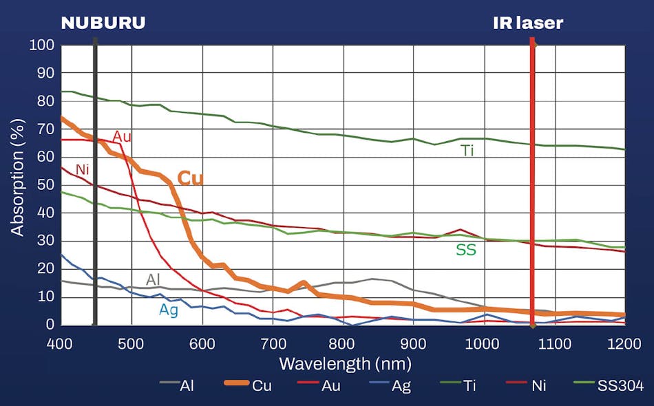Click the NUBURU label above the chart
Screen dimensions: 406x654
(x=103, y=23)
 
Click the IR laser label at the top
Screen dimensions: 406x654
(x=528, y=23)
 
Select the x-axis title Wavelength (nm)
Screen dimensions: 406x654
(x=345, y=363)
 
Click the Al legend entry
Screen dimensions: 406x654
(x=187, y=386)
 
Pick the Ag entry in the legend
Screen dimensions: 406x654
(x=401, y=386)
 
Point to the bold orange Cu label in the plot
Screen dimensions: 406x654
(x=191, y=178)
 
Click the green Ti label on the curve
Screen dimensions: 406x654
(x=467, y=151)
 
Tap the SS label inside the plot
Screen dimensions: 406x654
(x=466, y=250)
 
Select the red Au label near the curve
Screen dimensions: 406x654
(x=122, y=137)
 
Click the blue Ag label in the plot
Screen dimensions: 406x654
(x=168, y=310)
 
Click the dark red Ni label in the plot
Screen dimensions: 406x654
(x=83, y=169)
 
